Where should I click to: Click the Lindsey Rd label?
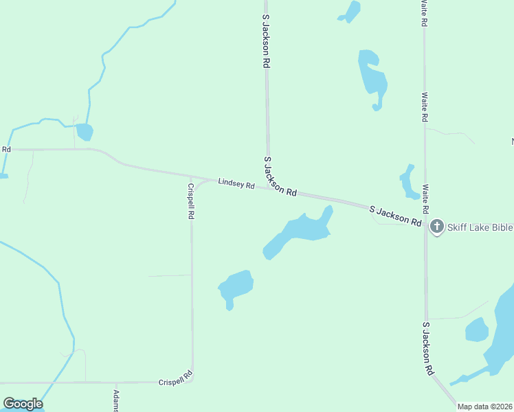coord(236,183)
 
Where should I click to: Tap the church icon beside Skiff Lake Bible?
coord(436,227)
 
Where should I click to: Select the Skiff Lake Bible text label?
coord(480,227)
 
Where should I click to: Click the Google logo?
coord(23,404)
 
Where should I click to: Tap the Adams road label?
coord(116,401)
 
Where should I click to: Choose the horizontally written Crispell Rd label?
coord(176,380)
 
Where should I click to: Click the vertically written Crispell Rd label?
coord(190,201)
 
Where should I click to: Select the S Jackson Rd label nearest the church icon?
coord(395,216)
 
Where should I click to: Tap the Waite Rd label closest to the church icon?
coord(425,198)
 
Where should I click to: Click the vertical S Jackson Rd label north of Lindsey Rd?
coord(266,43)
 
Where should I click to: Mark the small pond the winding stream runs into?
coord(85,131)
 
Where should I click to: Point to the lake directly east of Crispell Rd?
coord(236,286)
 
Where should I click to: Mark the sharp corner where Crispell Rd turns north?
coord(192,380)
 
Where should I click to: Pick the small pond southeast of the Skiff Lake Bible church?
coord(476,330)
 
